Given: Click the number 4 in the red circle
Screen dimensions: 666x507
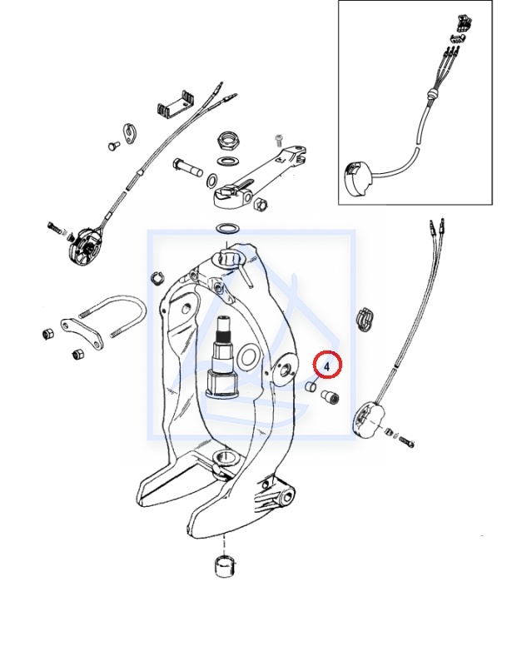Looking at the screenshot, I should [327, 365].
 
